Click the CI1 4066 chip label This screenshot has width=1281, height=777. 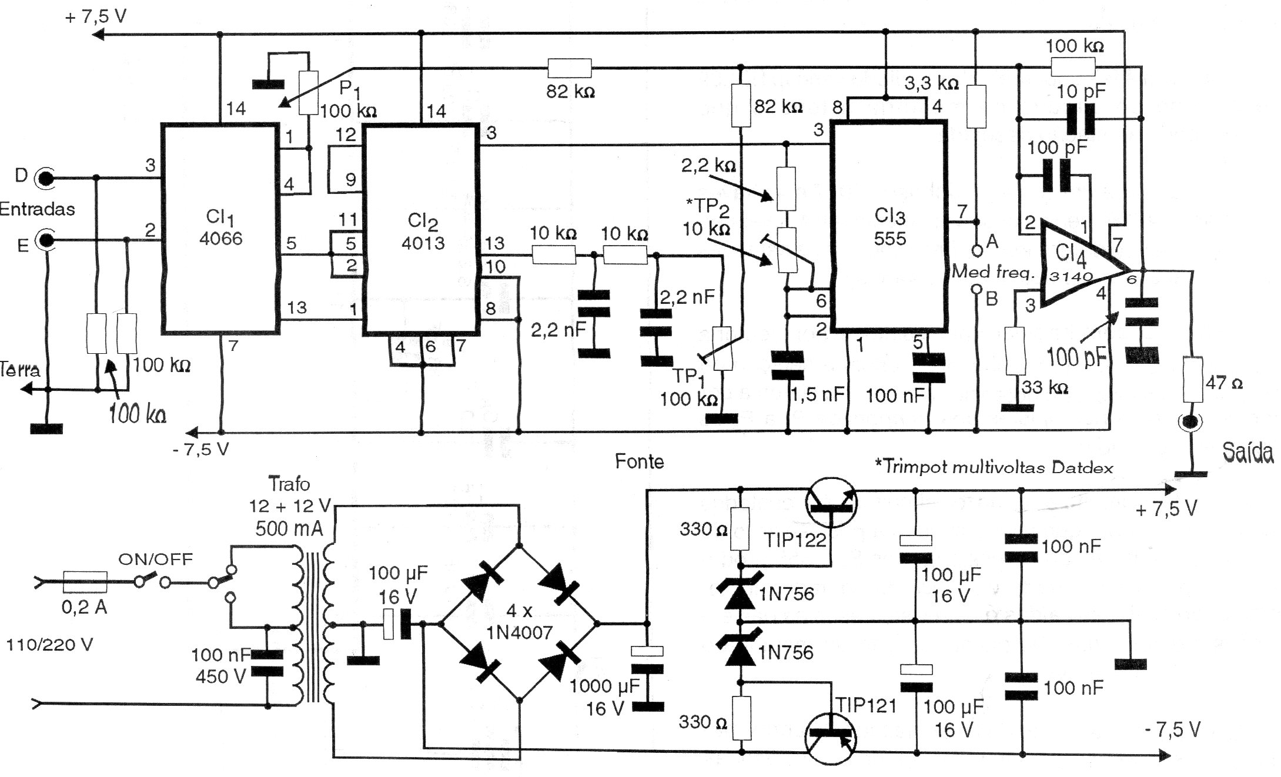(x=221, y=227)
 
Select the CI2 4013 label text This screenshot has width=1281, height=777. (x=423, y=232)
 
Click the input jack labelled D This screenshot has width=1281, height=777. (x=44, y=177)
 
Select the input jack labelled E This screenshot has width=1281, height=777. (x=44, y=240)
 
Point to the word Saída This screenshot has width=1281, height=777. (x=1247, y=453)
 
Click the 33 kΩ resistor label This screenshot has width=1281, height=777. (x=1045, y=388)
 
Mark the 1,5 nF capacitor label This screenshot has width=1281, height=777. (x=818, y=395)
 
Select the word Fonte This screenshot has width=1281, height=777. (x=640, y=461)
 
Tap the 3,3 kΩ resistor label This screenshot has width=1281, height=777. (x=932, y=83)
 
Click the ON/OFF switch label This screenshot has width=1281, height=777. (x=156, y=559)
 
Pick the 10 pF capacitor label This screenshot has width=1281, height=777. (x=1081, y=91)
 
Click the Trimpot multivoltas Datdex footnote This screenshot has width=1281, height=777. (x=994, y=467)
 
